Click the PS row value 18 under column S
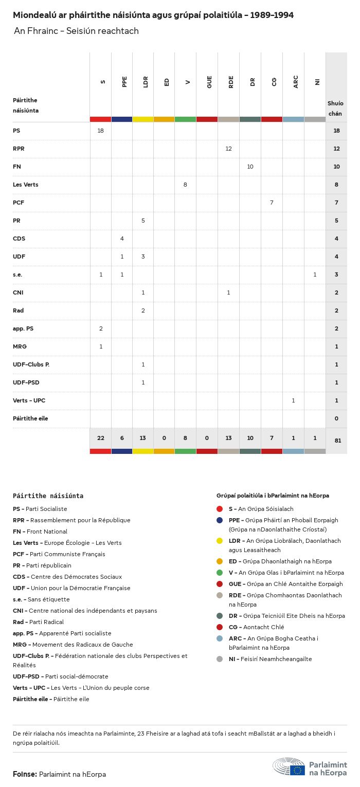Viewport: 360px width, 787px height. tap(100, 131)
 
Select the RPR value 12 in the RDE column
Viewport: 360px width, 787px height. tap(228, 149)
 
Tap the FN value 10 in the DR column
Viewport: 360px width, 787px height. tap(250, 167)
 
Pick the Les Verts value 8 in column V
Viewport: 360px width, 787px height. tap(185, 185)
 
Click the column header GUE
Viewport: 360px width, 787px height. tap(209, 82)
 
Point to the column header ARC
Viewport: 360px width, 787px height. tap(296, 82)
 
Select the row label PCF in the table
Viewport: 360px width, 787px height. tap(19, 203)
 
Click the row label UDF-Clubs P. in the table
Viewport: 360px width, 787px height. tap(31, 364)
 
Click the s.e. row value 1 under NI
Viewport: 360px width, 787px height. tap(315, 274)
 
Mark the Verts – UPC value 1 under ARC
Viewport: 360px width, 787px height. tap(293, 400)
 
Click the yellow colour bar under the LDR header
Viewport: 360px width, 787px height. tap(143, 119)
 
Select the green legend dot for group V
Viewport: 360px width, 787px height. tap(220, 573)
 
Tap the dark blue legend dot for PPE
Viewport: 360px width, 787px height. tap(220, 520)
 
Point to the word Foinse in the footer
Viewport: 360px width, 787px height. tap(24, 774)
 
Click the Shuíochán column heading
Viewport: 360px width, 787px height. tap(335, 108)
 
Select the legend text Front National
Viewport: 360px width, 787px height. tap(47, 532)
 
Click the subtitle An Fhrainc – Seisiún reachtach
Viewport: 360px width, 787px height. tap(76, 31)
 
